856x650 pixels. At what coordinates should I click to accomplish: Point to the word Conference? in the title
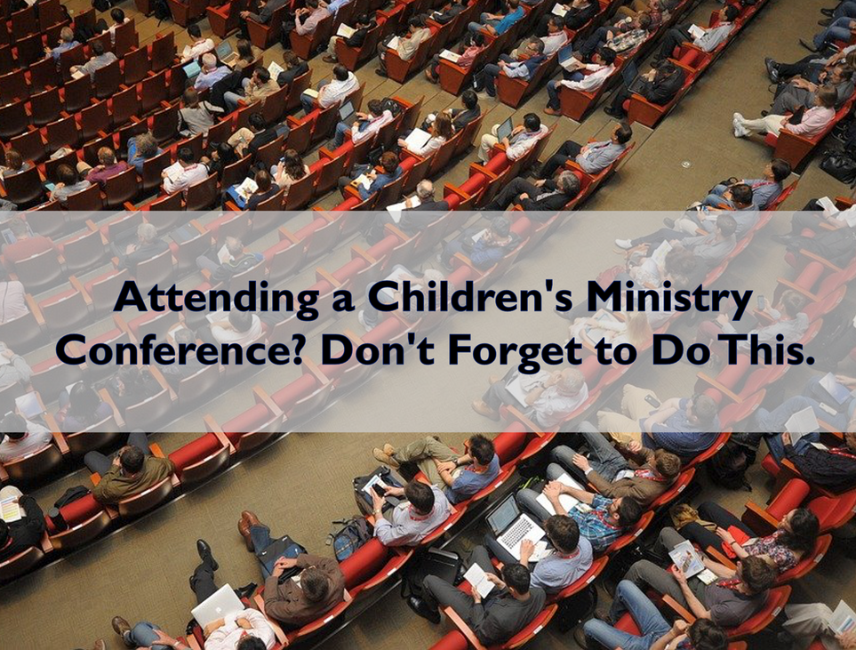pyautogui.click(x=184, y=351)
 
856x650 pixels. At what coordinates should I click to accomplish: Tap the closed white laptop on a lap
pyautogui.click(x=216, y=606)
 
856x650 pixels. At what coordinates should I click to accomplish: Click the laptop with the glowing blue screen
pyautogui.click(x=192, y=69)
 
